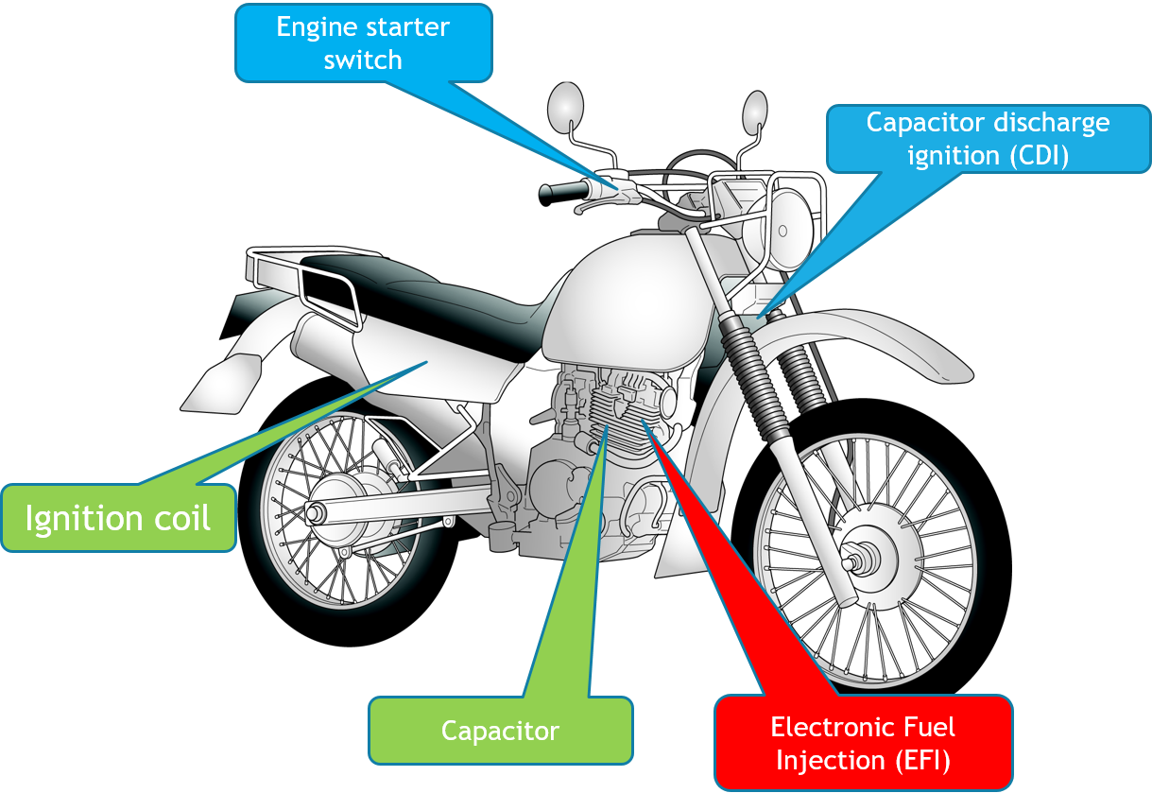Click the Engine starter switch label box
(363, 43)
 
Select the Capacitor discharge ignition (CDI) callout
(987, 138)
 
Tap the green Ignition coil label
(118, 518)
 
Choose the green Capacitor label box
(500, 731)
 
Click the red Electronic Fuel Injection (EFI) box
(863, 743)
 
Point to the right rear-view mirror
(754, 112)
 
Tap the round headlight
(792, 219)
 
